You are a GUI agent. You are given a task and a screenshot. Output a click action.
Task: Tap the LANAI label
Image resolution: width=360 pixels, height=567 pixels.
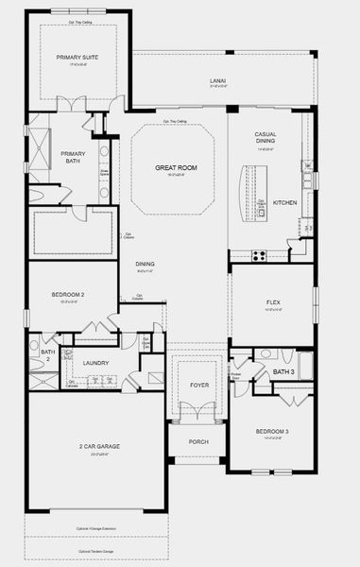[x=217, y=82]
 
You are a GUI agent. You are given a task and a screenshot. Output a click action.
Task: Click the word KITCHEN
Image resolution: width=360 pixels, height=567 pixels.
[x=284, y=202]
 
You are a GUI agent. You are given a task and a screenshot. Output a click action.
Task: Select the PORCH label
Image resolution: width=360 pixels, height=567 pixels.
[x=197, y=441]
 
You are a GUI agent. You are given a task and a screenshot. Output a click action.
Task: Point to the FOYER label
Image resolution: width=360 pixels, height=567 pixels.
[x=197, y=386]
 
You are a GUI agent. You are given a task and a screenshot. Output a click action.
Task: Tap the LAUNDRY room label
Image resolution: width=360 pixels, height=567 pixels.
[x=95, y=362]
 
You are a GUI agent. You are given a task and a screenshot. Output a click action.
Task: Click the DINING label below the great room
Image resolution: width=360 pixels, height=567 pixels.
[x=145, y=264]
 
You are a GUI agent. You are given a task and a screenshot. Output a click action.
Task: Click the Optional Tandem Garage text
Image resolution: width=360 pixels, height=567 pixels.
[x=96, y=551]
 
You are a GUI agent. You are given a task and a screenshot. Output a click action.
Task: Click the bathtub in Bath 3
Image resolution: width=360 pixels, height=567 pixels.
[x=304, y=363]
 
